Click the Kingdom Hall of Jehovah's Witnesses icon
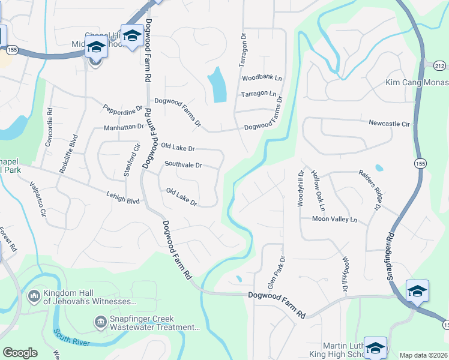coord(34,295)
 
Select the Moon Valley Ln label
coord(334,220)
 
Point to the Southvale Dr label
coord(183,165)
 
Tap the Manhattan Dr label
coord(124,127)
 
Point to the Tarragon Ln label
coord(259,94)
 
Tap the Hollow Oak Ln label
coord(318,190)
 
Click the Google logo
coord(19,353)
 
